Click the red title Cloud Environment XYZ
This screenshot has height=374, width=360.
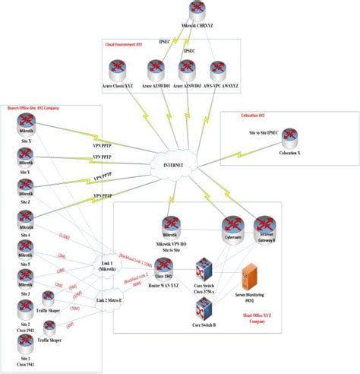124,45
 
